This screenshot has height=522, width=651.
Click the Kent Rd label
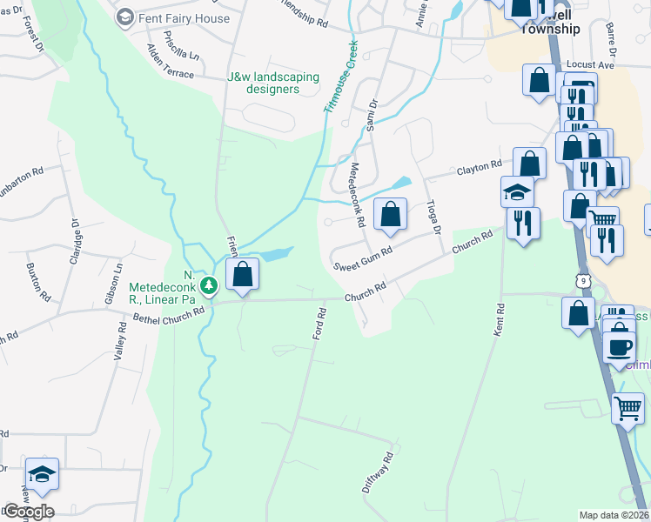(x=500, y=319)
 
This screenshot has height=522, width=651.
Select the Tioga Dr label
(x=433, y=217)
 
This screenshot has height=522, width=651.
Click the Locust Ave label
(x=590, y=64)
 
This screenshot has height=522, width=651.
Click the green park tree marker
(x=209, y=285)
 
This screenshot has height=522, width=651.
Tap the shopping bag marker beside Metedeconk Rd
(x=391, y=214)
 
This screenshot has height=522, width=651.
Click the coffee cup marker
(x=620, y=346)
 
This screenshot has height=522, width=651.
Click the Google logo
(x=28, y=512)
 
